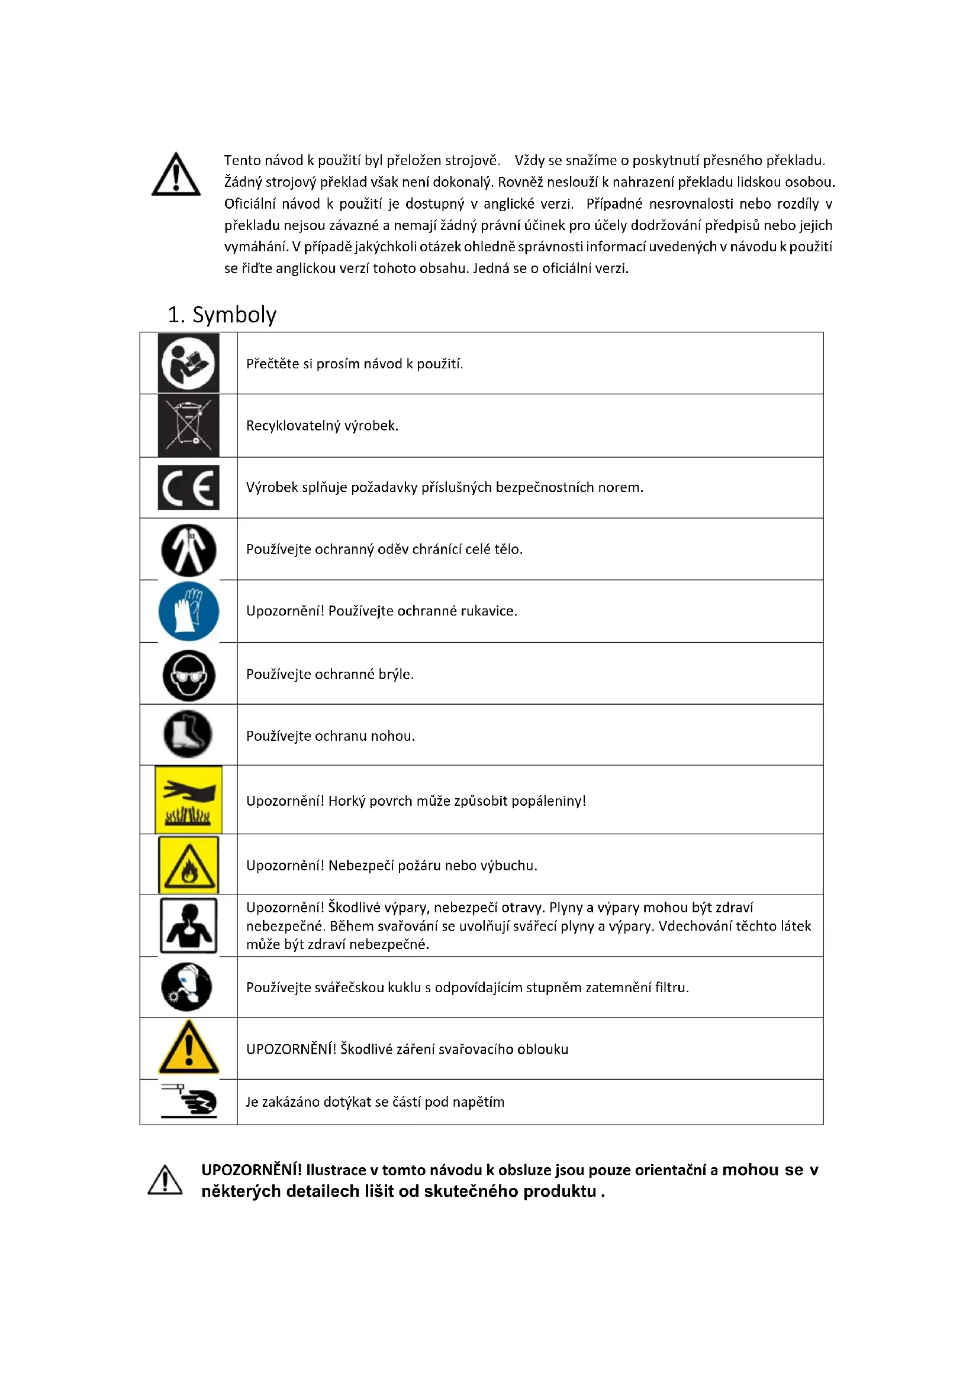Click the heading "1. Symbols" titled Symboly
coord(222,315)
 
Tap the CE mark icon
coord(189,487)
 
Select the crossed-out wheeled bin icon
coord(189,425)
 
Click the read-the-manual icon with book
coord(189,363)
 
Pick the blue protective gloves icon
coord(189,611)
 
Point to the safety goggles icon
coord(189,675)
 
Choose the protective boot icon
coord(188,734)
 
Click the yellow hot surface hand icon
coord(189,800)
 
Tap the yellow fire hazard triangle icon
coord(189,865)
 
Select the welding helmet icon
coord(187,987)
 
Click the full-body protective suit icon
coord(189,550)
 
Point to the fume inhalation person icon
coord(189,926)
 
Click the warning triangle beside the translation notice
coord(176,175)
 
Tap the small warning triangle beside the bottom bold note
coord(165,1180)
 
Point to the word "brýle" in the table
coord(395,674)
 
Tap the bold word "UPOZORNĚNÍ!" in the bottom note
coord(252,1170)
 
